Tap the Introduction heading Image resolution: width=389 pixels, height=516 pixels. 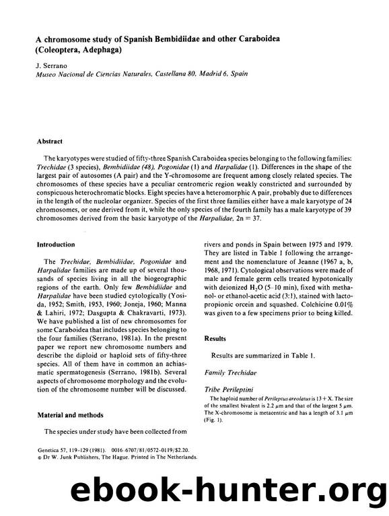pos(56,243)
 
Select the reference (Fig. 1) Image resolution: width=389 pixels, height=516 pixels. pos(213,416)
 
